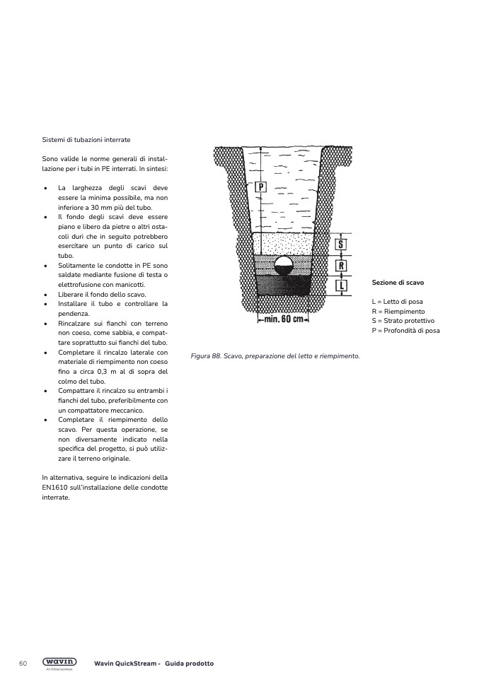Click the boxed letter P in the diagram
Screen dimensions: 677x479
coord(260,187)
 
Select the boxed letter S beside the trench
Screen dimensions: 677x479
coord(340,245)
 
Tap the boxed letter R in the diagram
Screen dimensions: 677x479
coord(340,266)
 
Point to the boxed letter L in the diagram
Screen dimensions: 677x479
coord(340,286)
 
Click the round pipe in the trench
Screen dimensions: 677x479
coord(283,267)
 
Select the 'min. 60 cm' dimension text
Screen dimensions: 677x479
coord(283,319)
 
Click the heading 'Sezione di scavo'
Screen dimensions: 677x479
coord(398,283)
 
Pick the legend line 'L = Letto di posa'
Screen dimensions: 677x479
coord(397,302)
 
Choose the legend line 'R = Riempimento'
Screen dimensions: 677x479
coord(398,311)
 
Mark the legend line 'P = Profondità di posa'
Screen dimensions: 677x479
coord(405,330)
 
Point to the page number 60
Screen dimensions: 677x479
coord(23,664)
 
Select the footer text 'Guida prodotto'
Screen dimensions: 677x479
coord(189,664)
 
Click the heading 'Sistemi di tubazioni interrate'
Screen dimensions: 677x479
coord(86,140)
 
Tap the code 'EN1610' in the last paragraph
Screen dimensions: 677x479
coord(54,488)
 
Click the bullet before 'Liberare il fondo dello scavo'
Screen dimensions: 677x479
coord(45,294)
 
